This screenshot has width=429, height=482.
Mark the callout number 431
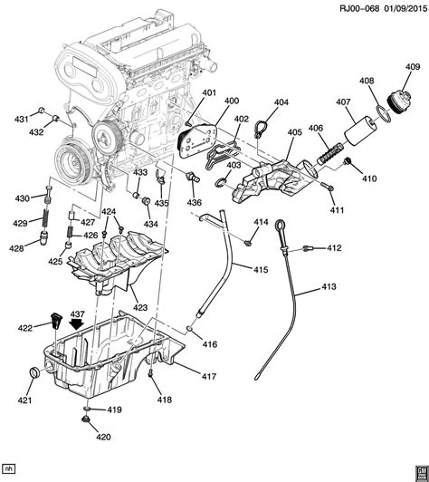coord(21,120)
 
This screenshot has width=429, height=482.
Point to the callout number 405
coord(294,132)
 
